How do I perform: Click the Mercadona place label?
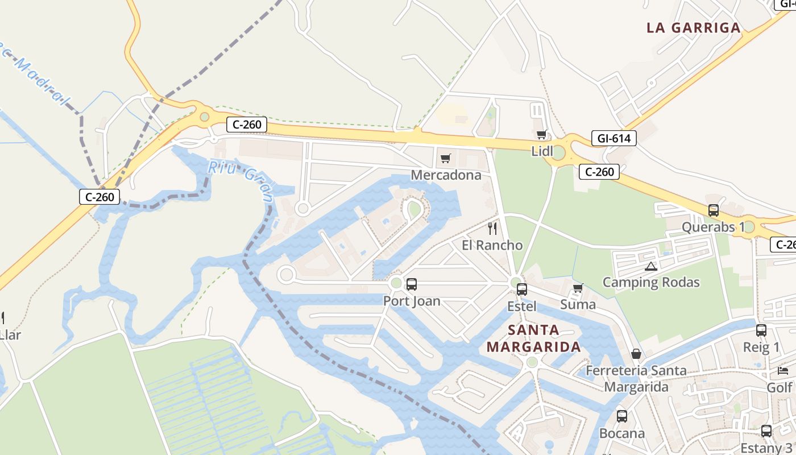[x=446, y=175]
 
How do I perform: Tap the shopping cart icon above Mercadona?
[x=445, y=158]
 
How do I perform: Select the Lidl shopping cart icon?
[x=541, y=135]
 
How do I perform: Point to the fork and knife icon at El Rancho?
[x=492, y=229]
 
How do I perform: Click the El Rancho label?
[x=492, y=246]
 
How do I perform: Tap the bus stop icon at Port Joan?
[x=412, y=284]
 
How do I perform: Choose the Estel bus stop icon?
[x=521, y=289]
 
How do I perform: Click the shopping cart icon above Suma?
[x=578, y=288]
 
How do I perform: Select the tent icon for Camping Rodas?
[x=650, y=266]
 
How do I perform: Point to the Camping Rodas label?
[x=650, y=283]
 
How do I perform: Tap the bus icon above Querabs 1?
[x=713, y=210]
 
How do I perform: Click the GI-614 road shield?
[x=613, y=138]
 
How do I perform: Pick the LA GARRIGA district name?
[x=694, y=28]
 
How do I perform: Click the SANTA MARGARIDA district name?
[x=533, y=338]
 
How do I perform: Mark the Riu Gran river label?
[x=241, y=180]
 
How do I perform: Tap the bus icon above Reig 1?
[x=761, y=330]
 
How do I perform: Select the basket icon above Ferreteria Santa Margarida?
[x=636, y=354]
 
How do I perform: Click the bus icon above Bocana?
[x=621, y=416]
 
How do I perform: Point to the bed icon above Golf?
[x=782, y=371]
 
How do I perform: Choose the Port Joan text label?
[x=412, y=301]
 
